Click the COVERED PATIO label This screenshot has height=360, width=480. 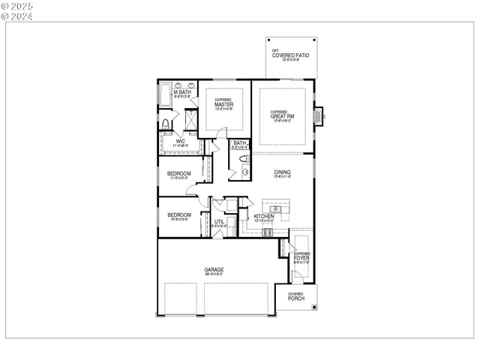tap(291, 55)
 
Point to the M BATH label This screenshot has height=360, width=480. tap(183, 93)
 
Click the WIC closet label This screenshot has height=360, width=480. tap(180, 141)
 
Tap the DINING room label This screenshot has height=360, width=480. tap(282, 172)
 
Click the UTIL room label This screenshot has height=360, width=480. tap(219, 222)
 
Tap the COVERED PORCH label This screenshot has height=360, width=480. tap(296, 298)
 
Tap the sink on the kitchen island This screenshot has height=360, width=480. tap(275, 208)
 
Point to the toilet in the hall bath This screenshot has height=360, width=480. tap(244, 160)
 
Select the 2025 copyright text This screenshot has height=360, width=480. tap(13, 5)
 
